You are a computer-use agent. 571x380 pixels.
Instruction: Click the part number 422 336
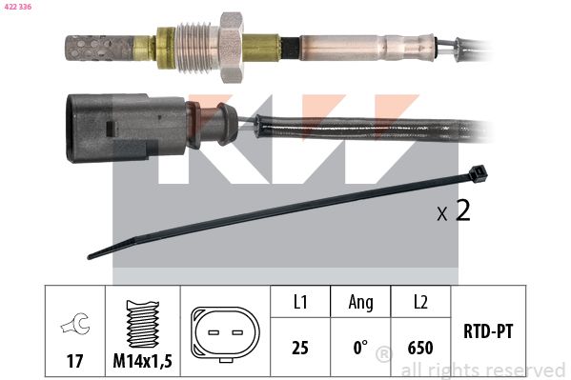18,7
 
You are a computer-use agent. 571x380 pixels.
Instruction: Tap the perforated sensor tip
97,48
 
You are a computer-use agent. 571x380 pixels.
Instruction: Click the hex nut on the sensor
231,48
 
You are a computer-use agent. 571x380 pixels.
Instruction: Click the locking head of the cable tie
478,173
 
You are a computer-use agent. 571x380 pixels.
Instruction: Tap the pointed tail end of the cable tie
90,256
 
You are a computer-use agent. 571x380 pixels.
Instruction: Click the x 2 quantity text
454,210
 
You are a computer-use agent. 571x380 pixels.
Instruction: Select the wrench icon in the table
75,324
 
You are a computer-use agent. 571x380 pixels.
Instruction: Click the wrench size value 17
74,361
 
